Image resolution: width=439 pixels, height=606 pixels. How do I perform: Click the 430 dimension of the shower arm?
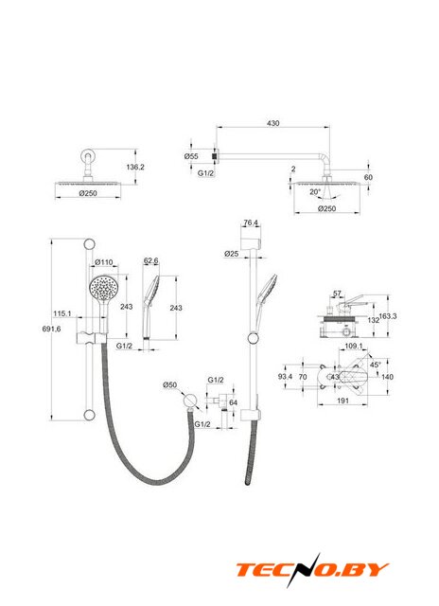click(x=273, y=123)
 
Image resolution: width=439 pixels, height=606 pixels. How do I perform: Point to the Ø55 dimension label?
click(x=191, y=156)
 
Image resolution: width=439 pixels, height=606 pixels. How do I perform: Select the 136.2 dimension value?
click(x=135, y=167)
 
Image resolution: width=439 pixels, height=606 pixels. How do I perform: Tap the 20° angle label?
click(x=315, y=191)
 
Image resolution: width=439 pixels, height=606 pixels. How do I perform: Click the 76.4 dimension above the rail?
click(x=251, y=223)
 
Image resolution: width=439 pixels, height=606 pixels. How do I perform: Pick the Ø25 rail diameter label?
click(x=231, y=254)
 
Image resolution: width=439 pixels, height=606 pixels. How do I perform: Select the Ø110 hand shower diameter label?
click(x=104, y=262)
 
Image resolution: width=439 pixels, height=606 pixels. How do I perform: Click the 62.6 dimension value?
click(x=151, y=261)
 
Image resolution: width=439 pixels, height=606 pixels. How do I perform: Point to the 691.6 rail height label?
click(x=51, y=329)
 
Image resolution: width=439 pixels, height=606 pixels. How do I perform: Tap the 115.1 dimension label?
click(x=62, y=313)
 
